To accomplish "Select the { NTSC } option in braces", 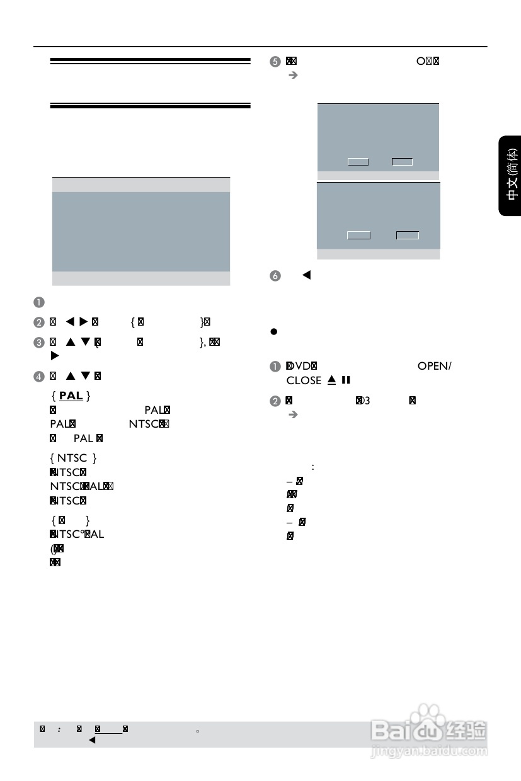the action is [x=73, y=458].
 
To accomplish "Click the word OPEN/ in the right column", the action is [x=435, y=367].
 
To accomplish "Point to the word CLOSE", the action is [x=304, y=380].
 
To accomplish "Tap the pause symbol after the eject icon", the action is [x=345, y=380].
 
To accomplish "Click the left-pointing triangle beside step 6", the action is [x=307, y=275].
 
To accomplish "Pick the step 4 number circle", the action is [x=40, y=377].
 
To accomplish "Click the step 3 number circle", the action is [x=40, y=342].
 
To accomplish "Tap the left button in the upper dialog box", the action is [x=358, y=162].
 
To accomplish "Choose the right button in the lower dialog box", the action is [x=408, y=236].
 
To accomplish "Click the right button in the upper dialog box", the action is [x=402, y=162].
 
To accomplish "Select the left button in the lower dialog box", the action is [x=358, y=236].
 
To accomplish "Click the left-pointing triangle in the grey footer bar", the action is [x=91, y=741].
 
